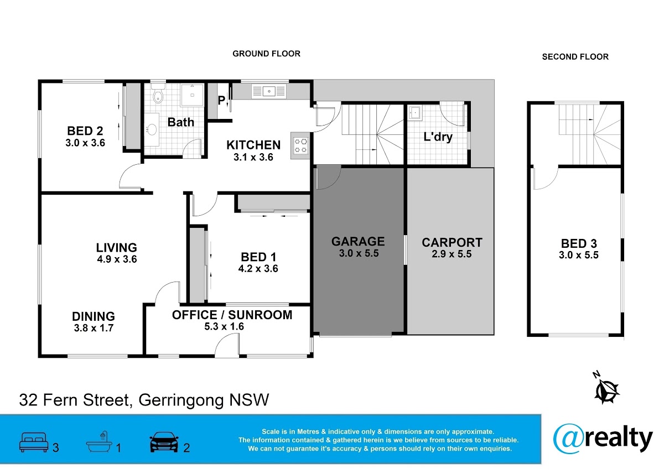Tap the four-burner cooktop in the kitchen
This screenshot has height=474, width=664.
[300, 146]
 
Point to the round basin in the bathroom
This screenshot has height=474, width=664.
[152, 129]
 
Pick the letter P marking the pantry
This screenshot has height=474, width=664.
[221, 101]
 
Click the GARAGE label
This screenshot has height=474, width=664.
[358, 242]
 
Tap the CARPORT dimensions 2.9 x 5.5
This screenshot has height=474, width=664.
[452, 254]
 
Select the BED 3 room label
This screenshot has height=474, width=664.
[579, 243]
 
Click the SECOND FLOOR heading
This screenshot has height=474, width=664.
[575, 56]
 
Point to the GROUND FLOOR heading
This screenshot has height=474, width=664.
[266, 54]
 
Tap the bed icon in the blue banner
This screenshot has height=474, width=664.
[34, 442]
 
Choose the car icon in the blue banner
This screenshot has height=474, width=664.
[164, 442]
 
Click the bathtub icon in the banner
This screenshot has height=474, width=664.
[99, 441]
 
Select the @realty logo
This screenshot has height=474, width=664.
[603, 439]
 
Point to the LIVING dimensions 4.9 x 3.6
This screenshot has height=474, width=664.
[117, 259]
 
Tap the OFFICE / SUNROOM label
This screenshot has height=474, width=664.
[232, 315]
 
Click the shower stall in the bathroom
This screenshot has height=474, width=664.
[192, 95]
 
